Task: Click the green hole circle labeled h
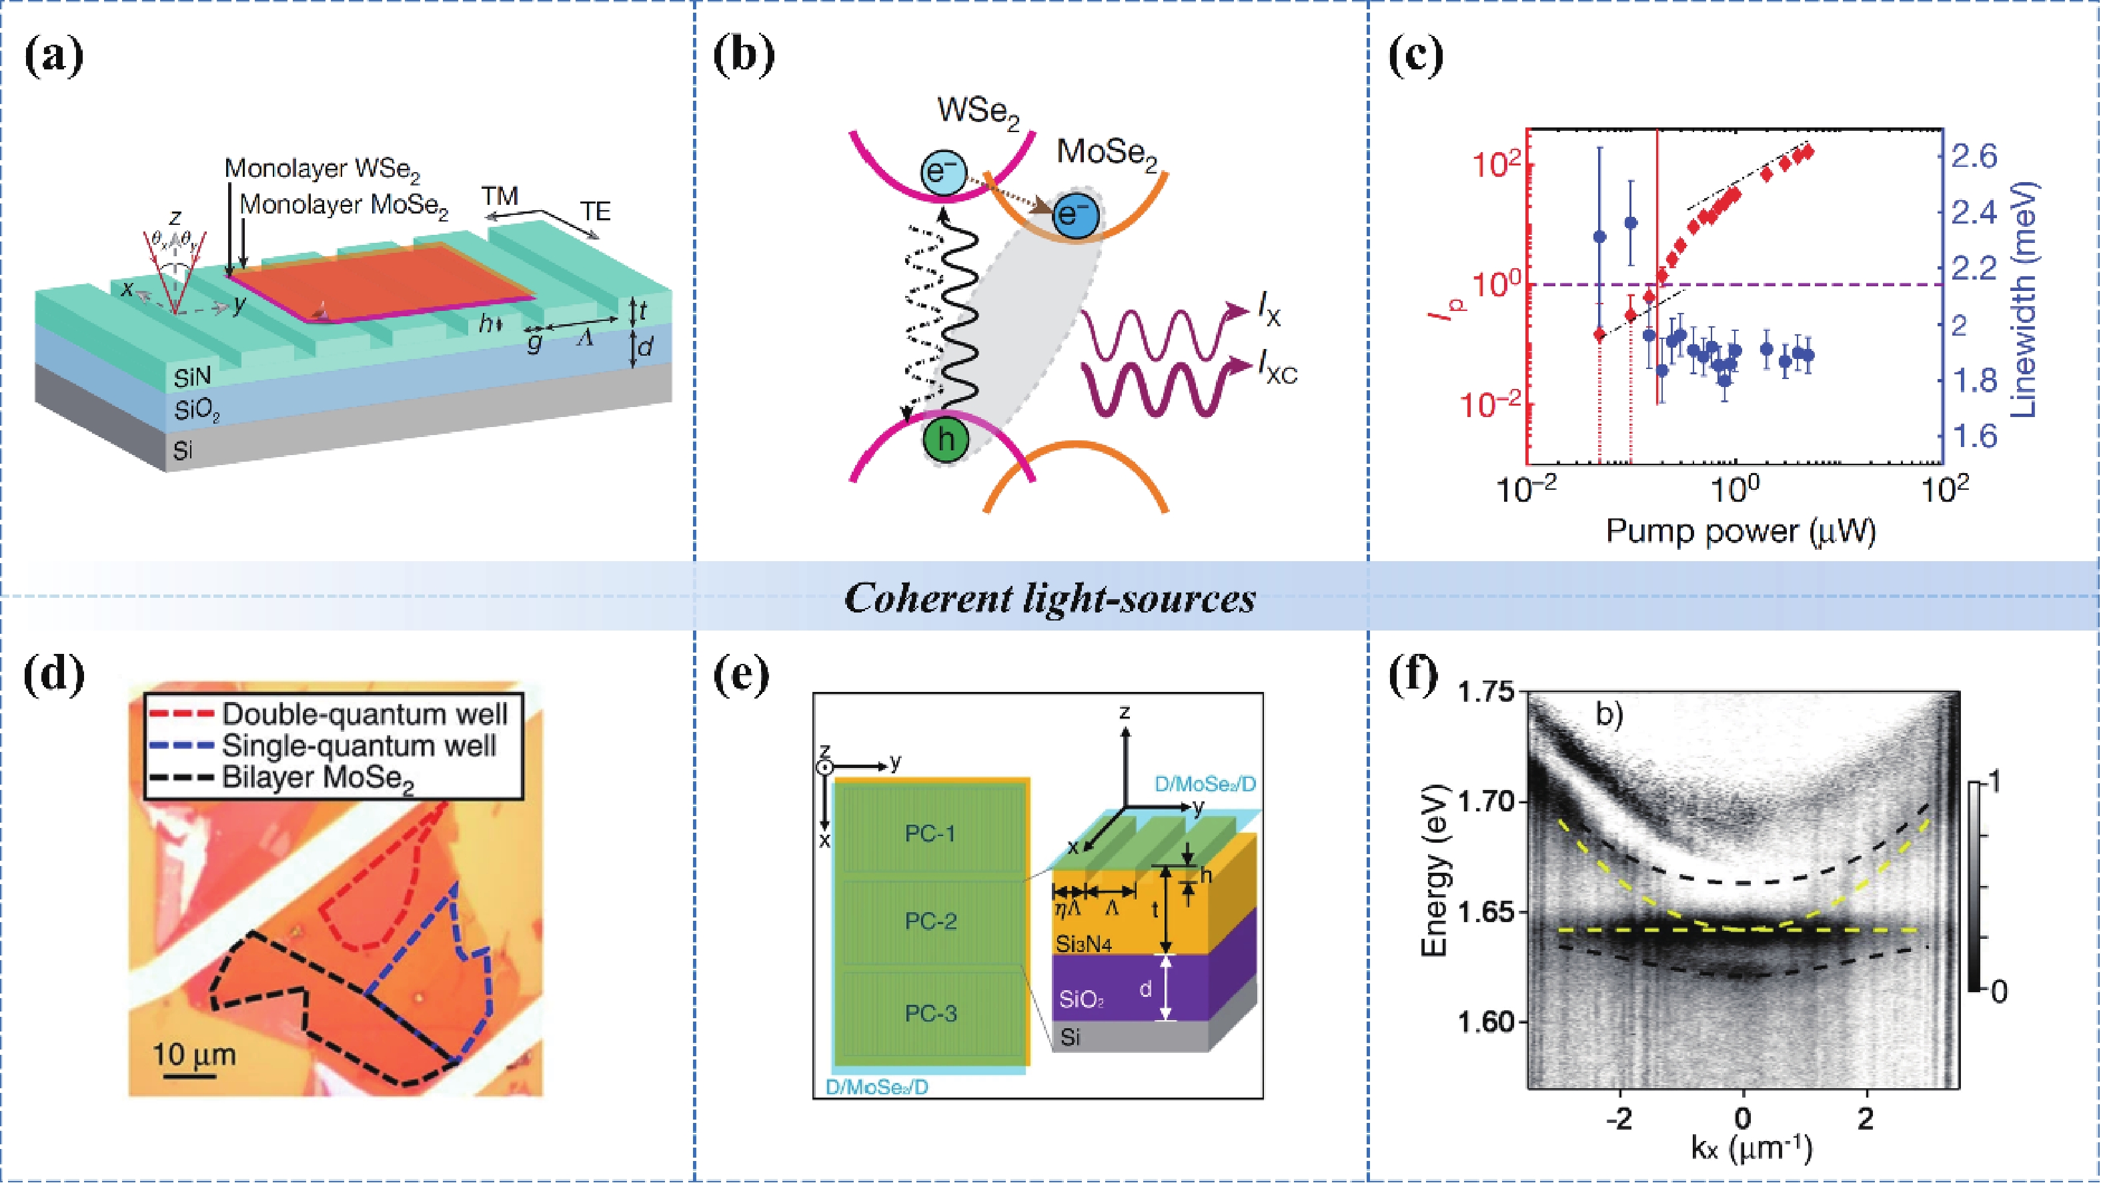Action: pyautogui.click(x=946, y=440)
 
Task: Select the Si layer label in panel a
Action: pyautogui.click(x=183, y=450)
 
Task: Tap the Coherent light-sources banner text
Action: pyautogui.click(x=1050, y=598)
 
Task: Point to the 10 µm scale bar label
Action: pyautogui.click(x=194, y=1054)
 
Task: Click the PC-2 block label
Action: pyautogui.click(x=930, y=921)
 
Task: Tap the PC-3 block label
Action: pyautogui.click(x=930, y=1014)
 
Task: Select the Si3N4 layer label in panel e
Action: pyautogui.click(x=1084, y=944)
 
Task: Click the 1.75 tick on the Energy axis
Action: pyautogui.click(x=1485, y=692)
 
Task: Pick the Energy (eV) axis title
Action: pyautogui.click(x=1434, y=871)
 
